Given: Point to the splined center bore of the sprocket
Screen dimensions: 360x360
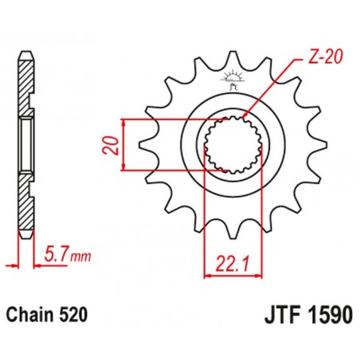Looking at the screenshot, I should tap(231, 144).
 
